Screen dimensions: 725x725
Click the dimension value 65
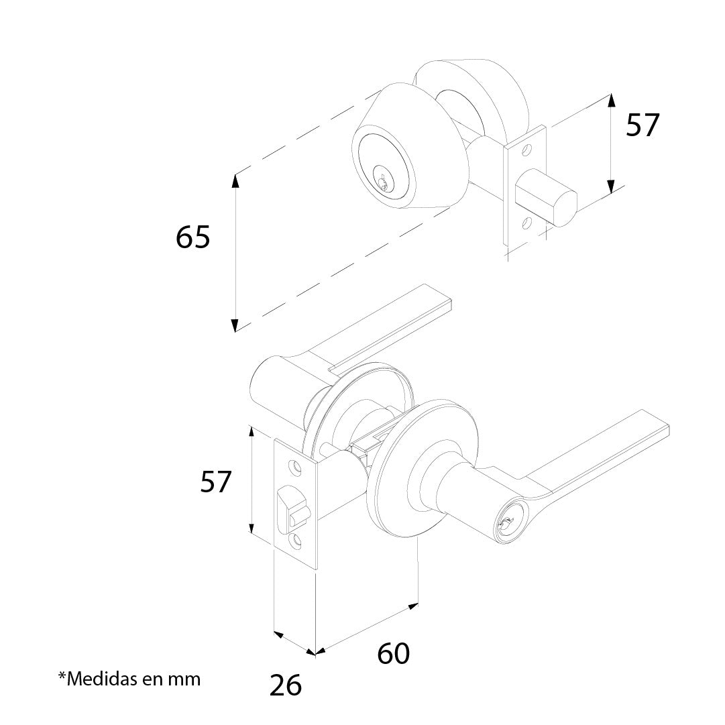(x=193, y=237)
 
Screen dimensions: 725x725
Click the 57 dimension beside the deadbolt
(x=643, y=125)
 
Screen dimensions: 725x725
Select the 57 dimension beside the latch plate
(x=216, y=482)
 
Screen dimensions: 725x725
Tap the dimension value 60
(x=393, y=653)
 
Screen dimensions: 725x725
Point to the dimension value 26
(x=286, y=685)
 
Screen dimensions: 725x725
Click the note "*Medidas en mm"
(x=129, y=679)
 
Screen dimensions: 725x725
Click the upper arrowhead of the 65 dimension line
(x=235, y=180)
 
